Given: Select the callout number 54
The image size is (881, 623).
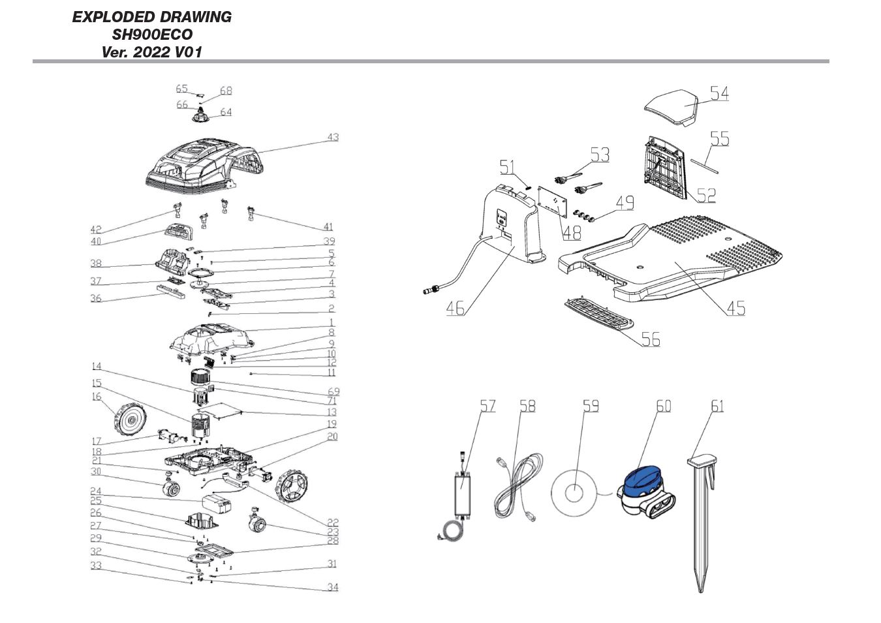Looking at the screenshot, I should click(719, 93).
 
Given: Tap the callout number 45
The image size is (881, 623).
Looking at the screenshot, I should click(735, 308).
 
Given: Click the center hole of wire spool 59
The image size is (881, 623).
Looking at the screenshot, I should click(574, 493).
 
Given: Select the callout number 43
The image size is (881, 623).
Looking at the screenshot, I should click(333, 137).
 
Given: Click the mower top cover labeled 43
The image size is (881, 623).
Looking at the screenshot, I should click(202, 166).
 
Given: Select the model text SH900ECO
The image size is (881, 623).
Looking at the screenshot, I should click(152, 35).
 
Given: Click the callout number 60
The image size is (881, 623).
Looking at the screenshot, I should click(663, 406).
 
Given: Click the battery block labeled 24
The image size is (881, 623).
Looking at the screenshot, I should click(215, 504).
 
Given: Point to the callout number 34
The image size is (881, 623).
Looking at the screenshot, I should click(333, 587).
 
